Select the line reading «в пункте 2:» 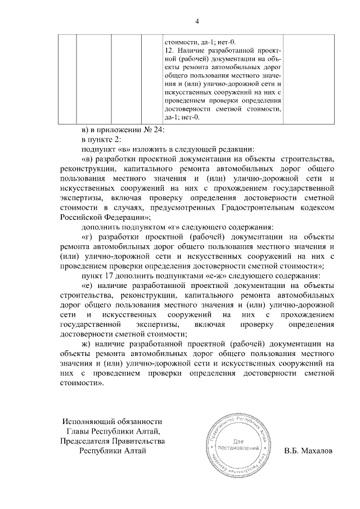tap(101, 139)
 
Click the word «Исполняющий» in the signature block tap(89, 421)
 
